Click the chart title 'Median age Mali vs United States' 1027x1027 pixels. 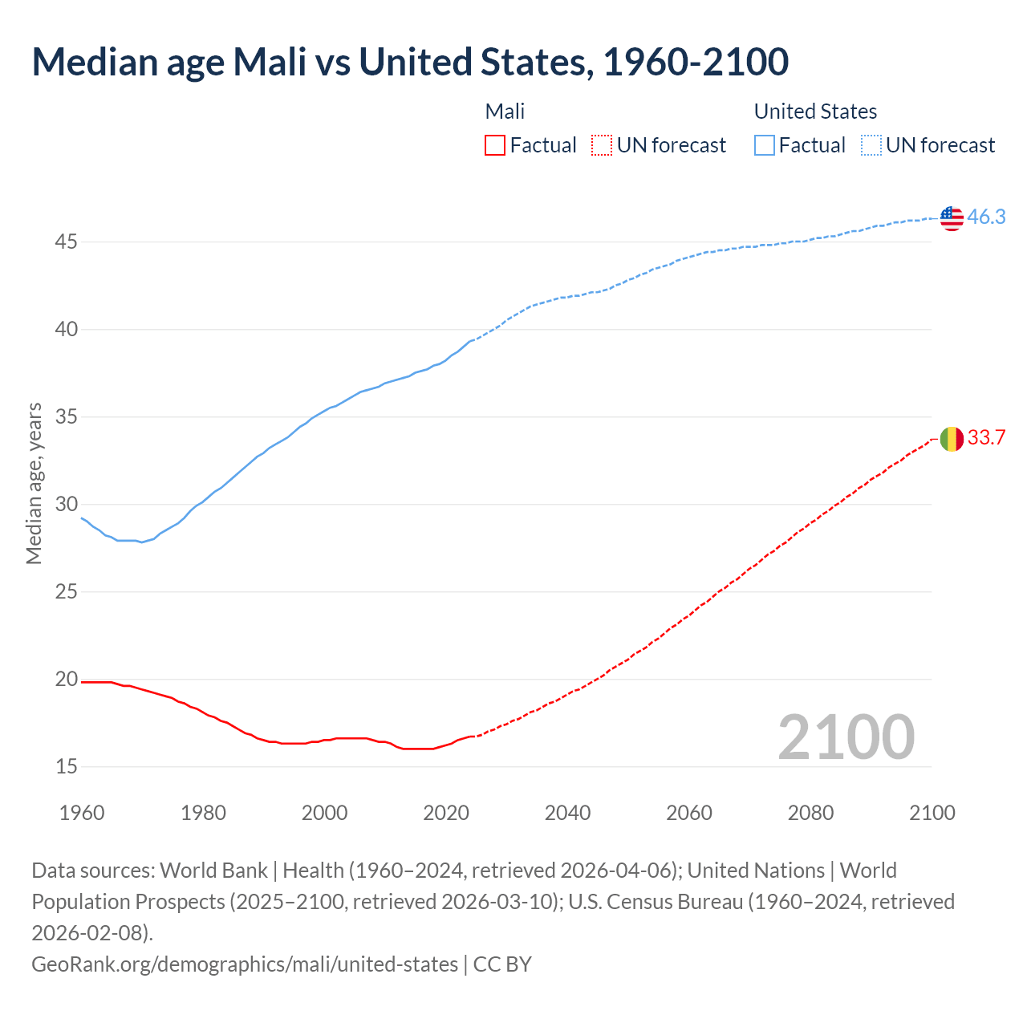(409, 62)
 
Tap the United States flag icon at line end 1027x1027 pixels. (952, 217)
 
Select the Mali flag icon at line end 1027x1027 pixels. (952, 439)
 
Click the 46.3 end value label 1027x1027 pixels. (986, 217)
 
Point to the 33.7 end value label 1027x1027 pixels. (986, 438)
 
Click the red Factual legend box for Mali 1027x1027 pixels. (495, 145)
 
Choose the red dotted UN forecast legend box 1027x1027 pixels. (602, 145)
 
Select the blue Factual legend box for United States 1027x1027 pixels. (765, 145)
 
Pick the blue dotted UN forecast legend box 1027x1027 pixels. (871, 145)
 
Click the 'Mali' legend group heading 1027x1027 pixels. (505, 112)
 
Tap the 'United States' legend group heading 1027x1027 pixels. (815, 112)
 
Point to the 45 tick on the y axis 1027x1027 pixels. (66, 242)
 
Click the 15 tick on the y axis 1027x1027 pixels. (66, 766)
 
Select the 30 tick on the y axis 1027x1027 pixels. (66, 504)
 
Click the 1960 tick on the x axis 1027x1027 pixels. (82, 813)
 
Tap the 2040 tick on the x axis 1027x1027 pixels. (567, 813)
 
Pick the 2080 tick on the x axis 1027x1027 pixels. (810, 813)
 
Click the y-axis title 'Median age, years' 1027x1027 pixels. (34, 483)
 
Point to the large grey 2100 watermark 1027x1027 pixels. (846, 737)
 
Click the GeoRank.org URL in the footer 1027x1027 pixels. (245, 964)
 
